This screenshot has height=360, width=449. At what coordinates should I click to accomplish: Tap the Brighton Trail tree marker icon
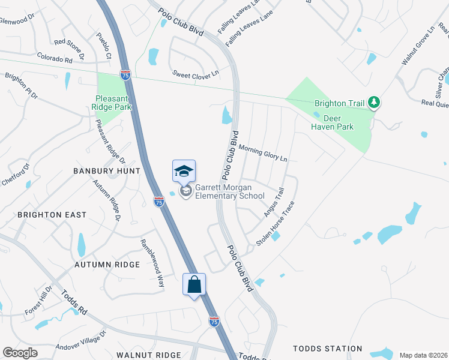click(375, 103)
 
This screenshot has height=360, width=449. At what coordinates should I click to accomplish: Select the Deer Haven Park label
click(332, 122)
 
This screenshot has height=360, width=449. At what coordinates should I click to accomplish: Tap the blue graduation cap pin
click(184, 171)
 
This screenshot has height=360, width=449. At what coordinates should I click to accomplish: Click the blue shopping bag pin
click(194, 284)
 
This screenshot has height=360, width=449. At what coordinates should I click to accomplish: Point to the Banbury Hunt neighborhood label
click(106, 171)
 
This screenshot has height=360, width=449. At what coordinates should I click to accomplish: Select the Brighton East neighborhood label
click(52, 214)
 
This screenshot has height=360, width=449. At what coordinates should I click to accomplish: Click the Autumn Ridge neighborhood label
click(107, 264)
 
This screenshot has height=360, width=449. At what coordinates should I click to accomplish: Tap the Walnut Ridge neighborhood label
click(149, 355)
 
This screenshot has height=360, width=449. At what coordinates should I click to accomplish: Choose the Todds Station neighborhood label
click(327, 349)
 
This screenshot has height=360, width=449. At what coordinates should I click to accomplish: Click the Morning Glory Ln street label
click(263, 152)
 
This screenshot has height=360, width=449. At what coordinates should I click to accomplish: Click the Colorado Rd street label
click(54, 58)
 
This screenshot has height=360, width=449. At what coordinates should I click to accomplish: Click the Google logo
click(20, 353)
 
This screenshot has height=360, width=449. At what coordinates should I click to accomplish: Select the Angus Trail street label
click(274, 202)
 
